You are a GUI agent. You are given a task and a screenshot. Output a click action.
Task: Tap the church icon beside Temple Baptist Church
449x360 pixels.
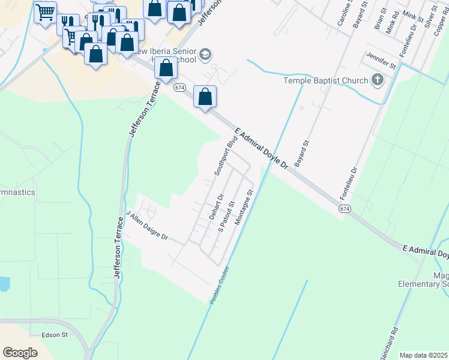378,80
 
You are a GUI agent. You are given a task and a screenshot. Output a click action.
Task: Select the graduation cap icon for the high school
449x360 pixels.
206,55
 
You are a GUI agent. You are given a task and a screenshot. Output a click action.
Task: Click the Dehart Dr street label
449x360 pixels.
217,206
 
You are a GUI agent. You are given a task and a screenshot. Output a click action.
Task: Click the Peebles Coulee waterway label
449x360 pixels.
220,284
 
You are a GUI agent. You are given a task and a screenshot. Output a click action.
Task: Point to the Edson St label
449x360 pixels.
55,335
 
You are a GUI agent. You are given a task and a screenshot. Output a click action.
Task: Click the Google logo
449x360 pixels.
20,353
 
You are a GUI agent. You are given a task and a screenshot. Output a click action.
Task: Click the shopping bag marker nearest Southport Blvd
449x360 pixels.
205,96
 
